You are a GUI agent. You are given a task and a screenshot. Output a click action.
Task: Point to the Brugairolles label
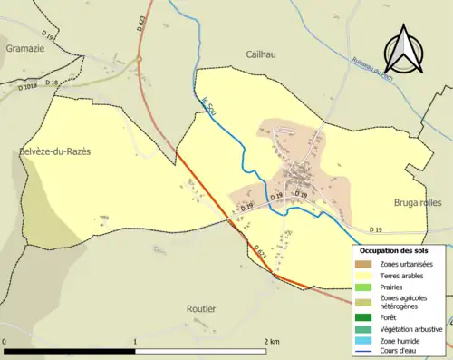[x=418, y=204]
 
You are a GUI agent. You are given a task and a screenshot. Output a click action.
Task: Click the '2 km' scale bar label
[x=271, y=341]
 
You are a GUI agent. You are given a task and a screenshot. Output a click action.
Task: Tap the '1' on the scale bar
[x=135, y=341]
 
